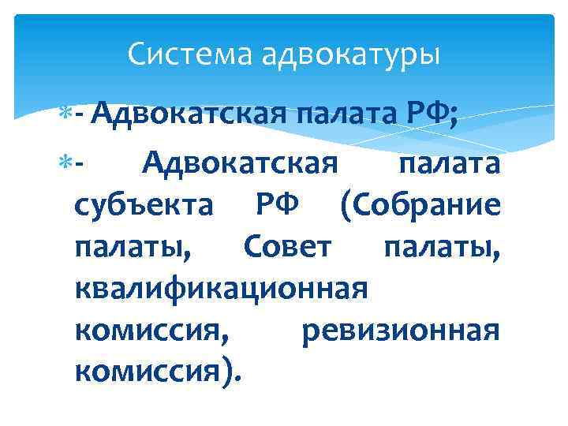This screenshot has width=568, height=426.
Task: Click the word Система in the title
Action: (x=176, y=55)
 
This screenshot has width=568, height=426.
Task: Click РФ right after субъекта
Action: (x=278, y=207)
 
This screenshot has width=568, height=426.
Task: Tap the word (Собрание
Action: (x=420, y=207)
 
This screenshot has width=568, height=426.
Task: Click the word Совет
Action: (x=286, y=248)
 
